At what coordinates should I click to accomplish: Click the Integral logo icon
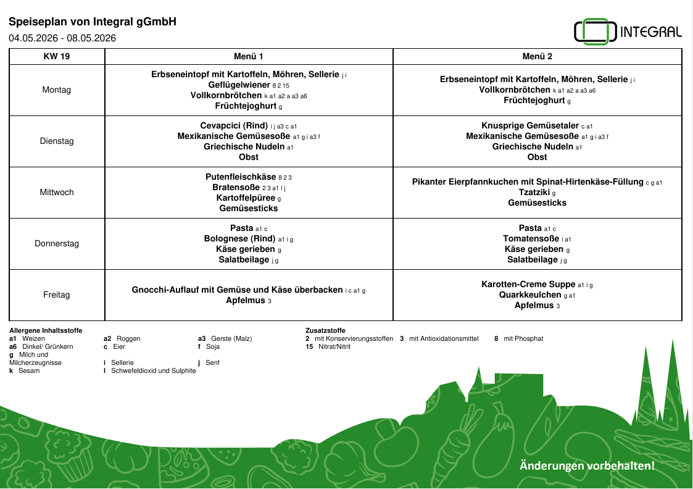pyautogui.click(x=595, y=32)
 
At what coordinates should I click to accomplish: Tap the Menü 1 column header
pyautogui.click(x=249, y=56)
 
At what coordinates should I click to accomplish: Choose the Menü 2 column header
pyautogui.click(x=537, y=56)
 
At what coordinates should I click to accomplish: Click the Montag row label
pyautogui.click(x=57, y=90)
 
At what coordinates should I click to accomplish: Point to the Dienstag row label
pyautogui.click(x=57, y=141)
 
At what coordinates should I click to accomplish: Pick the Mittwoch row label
pyautogui.click(x=57, y=192)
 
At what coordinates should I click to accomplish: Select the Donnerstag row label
pyautogui.click(x=57, y=243)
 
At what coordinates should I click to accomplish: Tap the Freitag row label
pyautogui.click(x=57, y=295)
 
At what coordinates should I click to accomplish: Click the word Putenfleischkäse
pyautogui.click(x=241, y=177)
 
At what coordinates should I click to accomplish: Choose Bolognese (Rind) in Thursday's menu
pyautogui.click(x=240, y=238)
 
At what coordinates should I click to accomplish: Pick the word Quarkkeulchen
pyautogui.click(x=530, y=295)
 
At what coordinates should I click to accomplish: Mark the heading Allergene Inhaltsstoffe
pyautogui.click(x=46, y=331)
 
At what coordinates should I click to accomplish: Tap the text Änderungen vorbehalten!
pyautogui.click(x=587, y=466)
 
